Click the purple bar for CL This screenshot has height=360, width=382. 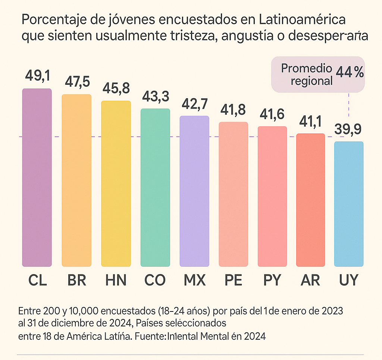[37, 177]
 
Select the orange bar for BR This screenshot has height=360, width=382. [76, 180]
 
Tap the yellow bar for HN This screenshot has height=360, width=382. [116, 183]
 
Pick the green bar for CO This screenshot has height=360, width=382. [155, 187]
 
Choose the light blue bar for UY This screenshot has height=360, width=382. [349, 204]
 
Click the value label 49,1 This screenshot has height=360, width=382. [38, 76]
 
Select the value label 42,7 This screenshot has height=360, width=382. [194, 103]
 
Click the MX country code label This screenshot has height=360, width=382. [194, 280]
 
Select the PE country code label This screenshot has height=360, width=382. [233, 280]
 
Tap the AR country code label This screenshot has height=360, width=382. [311, 280]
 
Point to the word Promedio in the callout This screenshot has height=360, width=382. [306, 68]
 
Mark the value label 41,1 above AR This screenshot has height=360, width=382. [311, 121]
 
